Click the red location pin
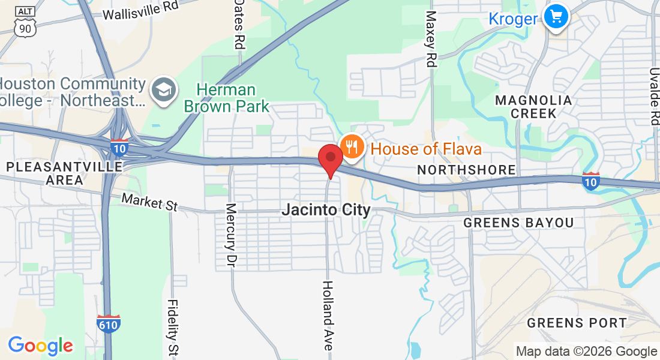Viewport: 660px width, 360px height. click(330, 158)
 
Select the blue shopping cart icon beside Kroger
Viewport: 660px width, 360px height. click(556, 17)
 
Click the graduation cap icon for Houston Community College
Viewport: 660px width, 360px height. click(163, 90)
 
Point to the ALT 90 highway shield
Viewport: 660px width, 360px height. click(25, 20)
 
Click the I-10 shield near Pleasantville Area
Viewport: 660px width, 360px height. click(119, 147)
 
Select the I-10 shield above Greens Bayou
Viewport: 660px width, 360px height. click(591, 181)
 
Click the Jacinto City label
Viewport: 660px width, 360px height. click(326, 210)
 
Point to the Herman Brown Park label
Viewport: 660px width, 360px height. click(227, 98)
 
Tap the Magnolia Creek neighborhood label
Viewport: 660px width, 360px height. click(533, 106)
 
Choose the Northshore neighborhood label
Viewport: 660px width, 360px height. click(466, 170)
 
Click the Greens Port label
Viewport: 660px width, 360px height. click(577, 323)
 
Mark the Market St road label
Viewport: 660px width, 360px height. click(150, 202)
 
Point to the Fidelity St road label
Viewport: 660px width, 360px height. click(173, 327)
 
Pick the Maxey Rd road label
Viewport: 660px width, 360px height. click(430, 38)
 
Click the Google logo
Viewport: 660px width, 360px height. click(40, 346)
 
